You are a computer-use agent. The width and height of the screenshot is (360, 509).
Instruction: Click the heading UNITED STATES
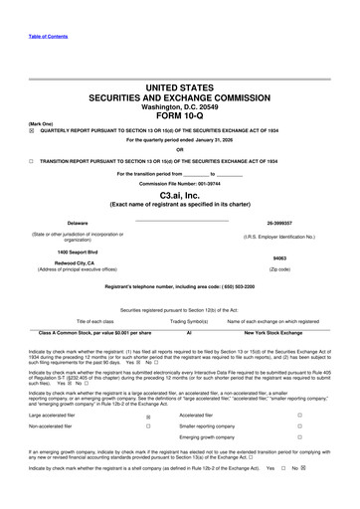[180, 87]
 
